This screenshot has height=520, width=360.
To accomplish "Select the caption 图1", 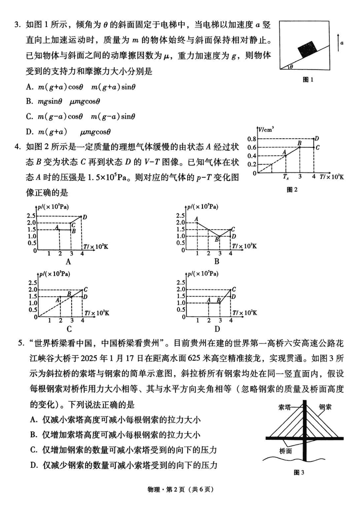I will (x=308, y=80).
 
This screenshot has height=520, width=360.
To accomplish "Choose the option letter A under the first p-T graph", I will (x=69, y=261).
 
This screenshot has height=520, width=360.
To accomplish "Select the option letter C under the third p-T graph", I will (x=69, y=328).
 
